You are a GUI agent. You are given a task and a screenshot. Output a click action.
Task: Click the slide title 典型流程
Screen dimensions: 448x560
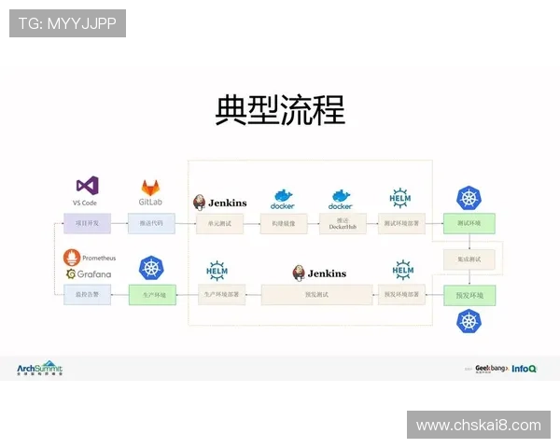[280, 110]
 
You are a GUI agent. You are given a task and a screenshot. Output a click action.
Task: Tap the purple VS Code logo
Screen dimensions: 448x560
[87, 186]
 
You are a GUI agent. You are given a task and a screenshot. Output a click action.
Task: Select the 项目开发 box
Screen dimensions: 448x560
[86, 223]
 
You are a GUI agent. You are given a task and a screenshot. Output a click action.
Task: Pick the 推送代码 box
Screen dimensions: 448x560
[151, 223]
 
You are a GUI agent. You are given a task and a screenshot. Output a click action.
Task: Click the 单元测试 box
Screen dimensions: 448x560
[220, 223]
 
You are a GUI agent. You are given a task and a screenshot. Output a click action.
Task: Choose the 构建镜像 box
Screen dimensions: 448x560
[283, 223]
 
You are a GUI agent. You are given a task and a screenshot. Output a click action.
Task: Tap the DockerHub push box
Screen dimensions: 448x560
[341, 223]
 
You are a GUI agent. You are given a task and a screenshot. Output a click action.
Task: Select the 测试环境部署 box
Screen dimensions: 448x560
[402, 223]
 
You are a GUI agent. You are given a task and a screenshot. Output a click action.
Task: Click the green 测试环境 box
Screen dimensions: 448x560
[469, 223]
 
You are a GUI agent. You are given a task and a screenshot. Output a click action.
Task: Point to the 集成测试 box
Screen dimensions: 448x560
[469, 259]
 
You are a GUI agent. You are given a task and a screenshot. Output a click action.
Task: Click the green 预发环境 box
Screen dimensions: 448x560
[469, 295]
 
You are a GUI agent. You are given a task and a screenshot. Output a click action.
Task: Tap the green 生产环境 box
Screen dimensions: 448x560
[151, 295]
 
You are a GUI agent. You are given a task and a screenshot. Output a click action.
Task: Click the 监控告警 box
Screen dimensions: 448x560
[86, 295]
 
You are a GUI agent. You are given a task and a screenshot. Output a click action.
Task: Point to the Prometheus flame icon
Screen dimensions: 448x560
[71, 257]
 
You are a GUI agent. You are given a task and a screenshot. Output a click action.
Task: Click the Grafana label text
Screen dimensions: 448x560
[93, 273]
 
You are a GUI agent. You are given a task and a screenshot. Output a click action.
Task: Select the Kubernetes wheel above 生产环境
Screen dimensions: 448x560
[151, 269]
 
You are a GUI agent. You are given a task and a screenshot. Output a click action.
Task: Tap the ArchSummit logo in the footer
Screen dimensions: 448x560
[40, 369]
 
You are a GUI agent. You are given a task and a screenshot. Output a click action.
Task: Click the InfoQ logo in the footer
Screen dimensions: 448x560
[525, 369]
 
